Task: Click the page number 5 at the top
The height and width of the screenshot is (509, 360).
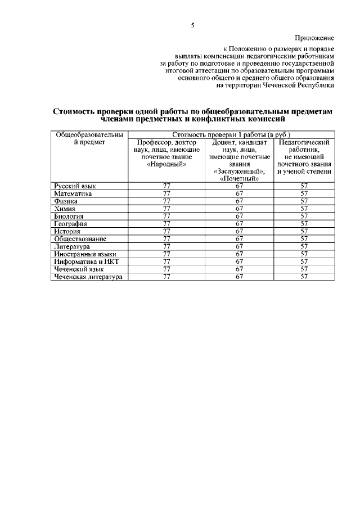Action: [x=192, y=25]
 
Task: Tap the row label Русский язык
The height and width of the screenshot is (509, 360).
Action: [x=75, y=186]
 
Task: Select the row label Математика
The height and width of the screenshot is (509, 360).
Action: [x=73, y=193]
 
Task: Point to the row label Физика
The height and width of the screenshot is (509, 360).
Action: [x=66, y=201]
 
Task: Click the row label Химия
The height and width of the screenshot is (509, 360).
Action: [x=65, y=209]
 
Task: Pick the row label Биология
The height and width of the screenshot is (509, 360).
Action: [x=69, y=216]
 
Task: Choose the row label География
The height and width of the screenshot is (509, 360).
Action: [x=70, y=224]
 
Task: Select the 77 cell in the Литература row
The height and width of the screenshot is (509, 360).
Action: [x=166, y=246]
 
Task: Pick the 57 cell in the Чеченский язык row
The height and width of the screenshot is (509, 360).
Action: [x=304, y=269]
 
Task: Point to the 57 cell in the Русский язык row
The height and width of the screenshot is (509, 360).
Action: [x=304, y=186]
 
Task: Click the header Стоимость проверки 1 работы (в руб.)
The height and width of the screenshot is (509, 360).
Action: [x=231, y=135]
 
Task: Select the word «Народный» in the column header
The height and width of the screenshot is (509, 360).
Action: [x=166, y=164]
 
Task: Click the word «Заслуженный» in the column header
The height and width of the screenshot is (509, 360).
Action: [x=239, y=172]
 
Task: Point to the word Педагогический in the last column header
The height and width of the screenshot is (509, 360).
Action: [x=304, y=142]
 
